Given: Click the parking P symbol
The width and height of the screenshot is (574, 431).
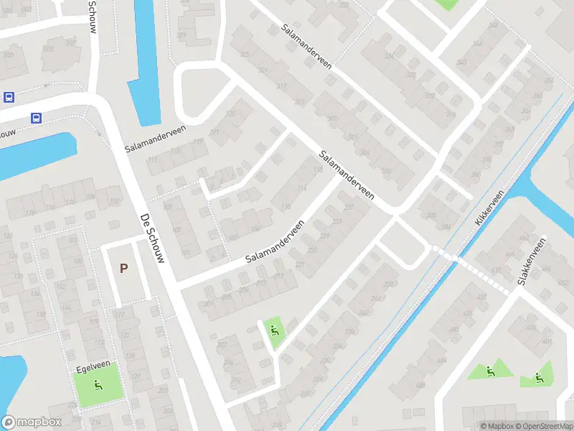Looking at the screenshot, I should click(x=123, y=269).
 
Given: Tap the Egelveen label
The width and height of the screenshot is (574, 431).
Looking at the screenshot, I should click(x=86, y=369).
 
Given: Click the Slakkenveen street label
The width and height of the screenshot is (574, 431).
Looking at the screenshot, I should click(x=532, y=259).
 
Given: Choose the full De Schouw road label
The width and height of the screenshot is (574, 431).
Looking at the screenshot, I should click(x=153, y=236).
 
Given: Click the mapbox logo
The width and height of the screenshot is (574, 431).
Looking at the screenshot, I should click(x=32, y=422).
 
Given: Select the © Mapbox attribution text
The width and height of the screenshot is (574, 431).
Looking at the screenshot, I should click(x=497, y=426).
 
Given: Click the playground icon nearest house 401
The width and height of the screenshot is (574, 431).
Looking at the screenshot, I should click(x=540, y=376).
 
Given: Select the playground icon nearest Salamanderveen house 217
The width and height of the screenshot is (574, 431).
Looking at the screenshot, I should click(x=274, y=330).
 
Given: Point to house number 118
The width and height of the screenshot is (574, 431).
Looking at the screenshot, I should click(x=318, y=170).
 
